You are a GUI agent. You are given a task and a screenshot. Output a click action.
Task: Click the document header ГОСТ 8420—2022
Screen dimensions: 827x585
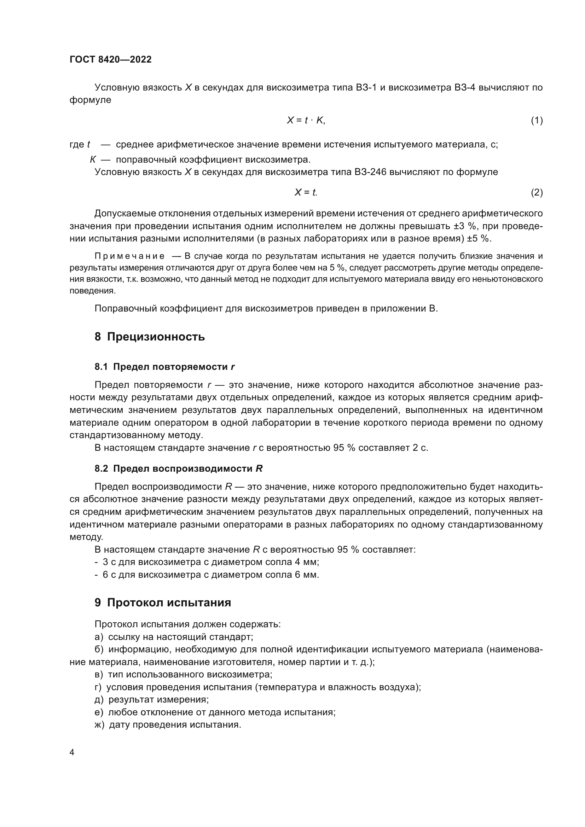[x=111, y=59]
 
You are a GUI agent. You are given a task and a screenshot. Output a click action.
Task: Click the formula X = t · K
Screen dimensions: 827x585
[x=306, y=120]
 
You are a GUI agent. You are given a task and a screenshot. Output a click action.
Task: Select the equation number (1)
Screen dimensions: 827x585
[x=537, y=120]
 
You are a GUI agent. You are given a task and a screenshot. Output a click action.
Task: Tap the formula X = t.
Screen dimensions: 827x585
[x=306, y=192]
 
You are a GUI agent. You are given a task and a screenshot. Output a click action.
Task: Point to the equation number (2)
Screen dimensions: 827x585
[x=537, y=192]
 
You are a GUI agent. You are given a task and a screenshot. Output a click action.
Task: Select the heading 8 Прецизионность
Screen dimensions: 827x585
[x=150, y=337]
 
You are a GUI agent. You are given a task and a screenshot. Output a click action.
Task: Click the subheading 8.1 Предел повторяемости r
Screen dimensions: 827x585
[x=164, y=367]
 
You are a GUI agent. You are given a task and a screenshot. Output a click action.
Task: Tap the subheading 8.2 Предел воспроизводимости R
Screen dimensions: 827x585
[x=178, y=468]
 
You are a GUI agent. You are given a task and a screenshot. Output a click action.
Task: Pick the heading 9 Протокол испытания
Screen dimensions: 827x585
[x=162, y=602]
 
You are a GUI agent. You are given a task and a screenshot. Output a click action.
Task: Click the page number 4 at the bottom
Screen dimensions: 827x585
[x=72, y=752]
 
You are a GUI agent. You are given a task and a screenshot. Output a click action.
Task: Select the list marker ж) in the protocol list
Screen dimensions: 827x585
[x=99, y=725]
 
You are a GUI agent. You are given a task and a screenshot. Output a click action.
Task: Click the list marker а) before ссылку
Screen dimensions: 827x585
[x=99, y=637]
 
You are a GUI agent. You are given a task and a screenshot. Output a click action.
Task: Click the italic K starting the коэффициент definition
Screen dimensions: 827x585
[x=93, y=159]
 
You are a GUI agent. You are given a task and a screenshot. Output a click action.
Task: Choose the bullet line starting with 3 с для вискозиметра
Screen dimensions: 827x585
[x=207, y=562]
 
